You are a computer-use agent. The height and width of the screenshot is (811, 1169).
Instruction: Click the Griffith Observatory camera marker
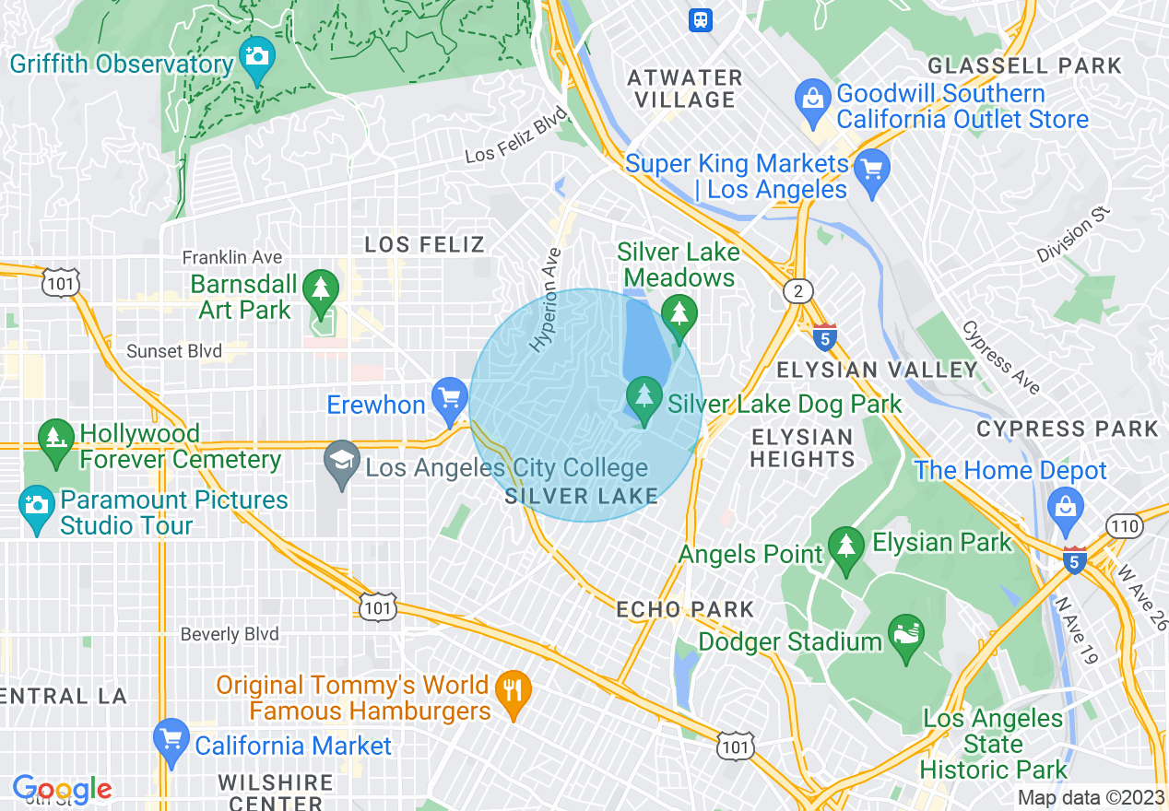click(x=255, y=56)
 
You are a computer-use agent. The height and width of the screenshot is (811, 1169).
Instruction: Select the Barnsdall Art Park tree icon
click(x=321, y=288)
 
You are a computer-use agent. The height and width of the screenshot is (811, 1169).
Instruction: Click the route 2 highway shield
click(x=799, y=291)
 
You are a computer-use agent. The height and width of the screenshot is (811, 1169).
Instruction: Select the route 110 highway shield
click(x=1127, y=526)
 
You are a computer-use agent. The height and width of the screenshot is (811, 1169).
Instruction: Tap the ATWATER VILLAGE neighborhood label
click(x=684, y=88)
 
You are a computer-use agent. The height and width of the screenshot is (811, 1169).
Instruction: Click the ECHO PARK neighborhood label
click(x=685, y=609)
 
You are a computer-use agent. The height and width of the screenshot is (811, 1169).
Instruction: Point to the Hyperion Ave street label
click(x=546, y=300)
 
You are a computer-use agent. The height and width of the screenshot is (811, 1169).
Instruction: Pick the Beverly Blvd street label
click(x=230, y=634)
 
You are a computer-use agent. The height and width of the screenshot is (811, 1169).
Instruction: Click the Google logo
click(x=62, y=789)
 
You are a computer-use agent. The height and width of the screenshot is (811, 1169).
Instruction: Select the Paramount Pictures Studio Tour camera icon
click(x=37, y=505)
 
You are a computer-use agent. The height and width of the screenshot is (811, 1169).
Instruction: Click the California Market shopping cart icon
click(x=171, y=737)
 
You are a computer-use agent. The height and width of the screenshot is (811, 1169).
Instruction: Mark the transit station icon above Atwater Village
click(x=701, y=19)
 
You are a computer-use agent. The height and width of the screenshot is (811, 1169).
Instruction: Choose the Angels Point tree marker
click(x=845, y=547)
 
